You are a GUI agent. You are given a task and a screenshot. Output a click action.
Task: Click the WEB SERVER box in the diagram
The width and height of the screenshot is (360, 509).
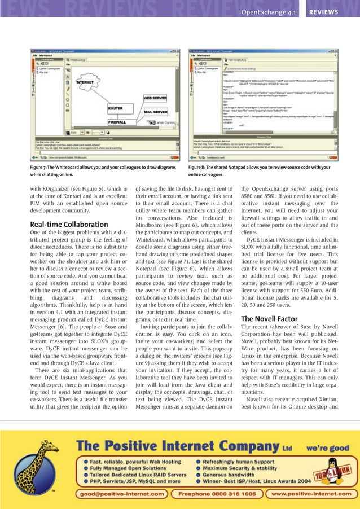point(155,98)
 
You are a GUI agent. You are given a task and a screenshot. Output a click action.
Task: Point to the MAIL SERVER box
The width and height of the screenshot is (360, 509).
point(155,112)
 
